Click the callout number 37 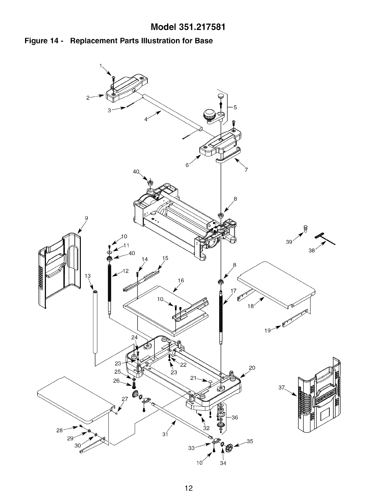pyautogui.click(x=281, y=387)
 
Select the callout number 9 pyautogui.click(x=86, y=218)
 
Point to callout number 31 pyautogui.click(x=165, y=434)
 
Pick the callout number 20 pyautogui.click(x=252, y=368)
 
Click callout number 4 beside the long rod pyautogui.click(x=146, y=119)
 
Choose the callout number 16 pyautogui.click(x=181, y=280)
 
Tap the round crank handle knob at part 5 pyautogui.click(x=210, y=113)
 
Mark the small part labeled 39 pyautogui.click(x=306, y=228)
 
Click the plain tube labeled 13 pyautogui.click(x=94, y=320)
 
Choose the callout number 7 pyautogui.click(x=246, y=170)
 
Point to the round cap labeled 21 pyautogui.click(x=210, y=380)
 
